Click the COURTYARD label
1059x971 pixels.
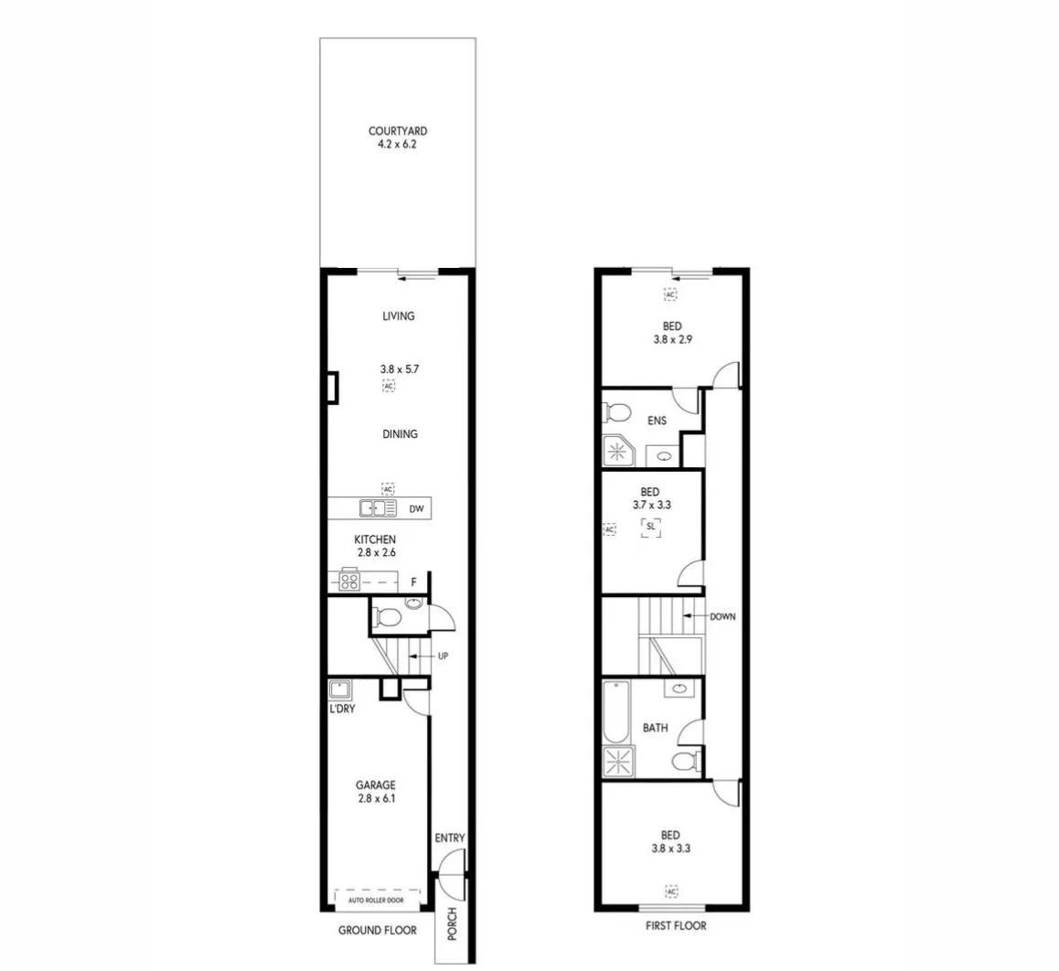coord(397,131)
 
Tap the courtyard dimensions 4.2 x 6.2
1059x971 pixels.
coord(397,144)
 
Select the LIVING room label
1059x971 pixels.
coord(398,316)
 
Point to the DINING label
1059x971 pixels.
coord(400,434)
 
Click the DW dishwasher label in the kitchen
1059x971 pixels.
coord(416,509)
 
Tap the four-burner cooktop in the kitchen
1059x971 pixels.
coord(349,581)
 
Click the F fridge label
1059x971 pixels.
coord(413,582)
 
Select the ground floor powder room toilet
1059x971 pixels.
coord(387,618)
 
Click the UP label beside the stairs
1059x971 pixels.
coord(443,656)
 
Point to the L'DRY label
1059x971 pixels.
coord(343,710)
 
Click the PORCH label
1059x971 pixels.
coord(452,924)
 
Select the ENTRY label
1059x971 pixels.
coord(450,838)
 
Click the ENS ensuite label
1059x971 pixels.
coord(657,421)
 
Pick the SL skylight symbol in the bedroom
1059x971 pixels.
coord(650,527)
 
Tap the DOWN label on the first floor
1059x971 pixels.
coord(722,617)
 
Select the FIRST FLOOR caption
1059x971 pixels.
coord(675,926)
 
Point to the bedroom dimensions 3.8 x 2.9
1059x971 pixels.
coord(671,339)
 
